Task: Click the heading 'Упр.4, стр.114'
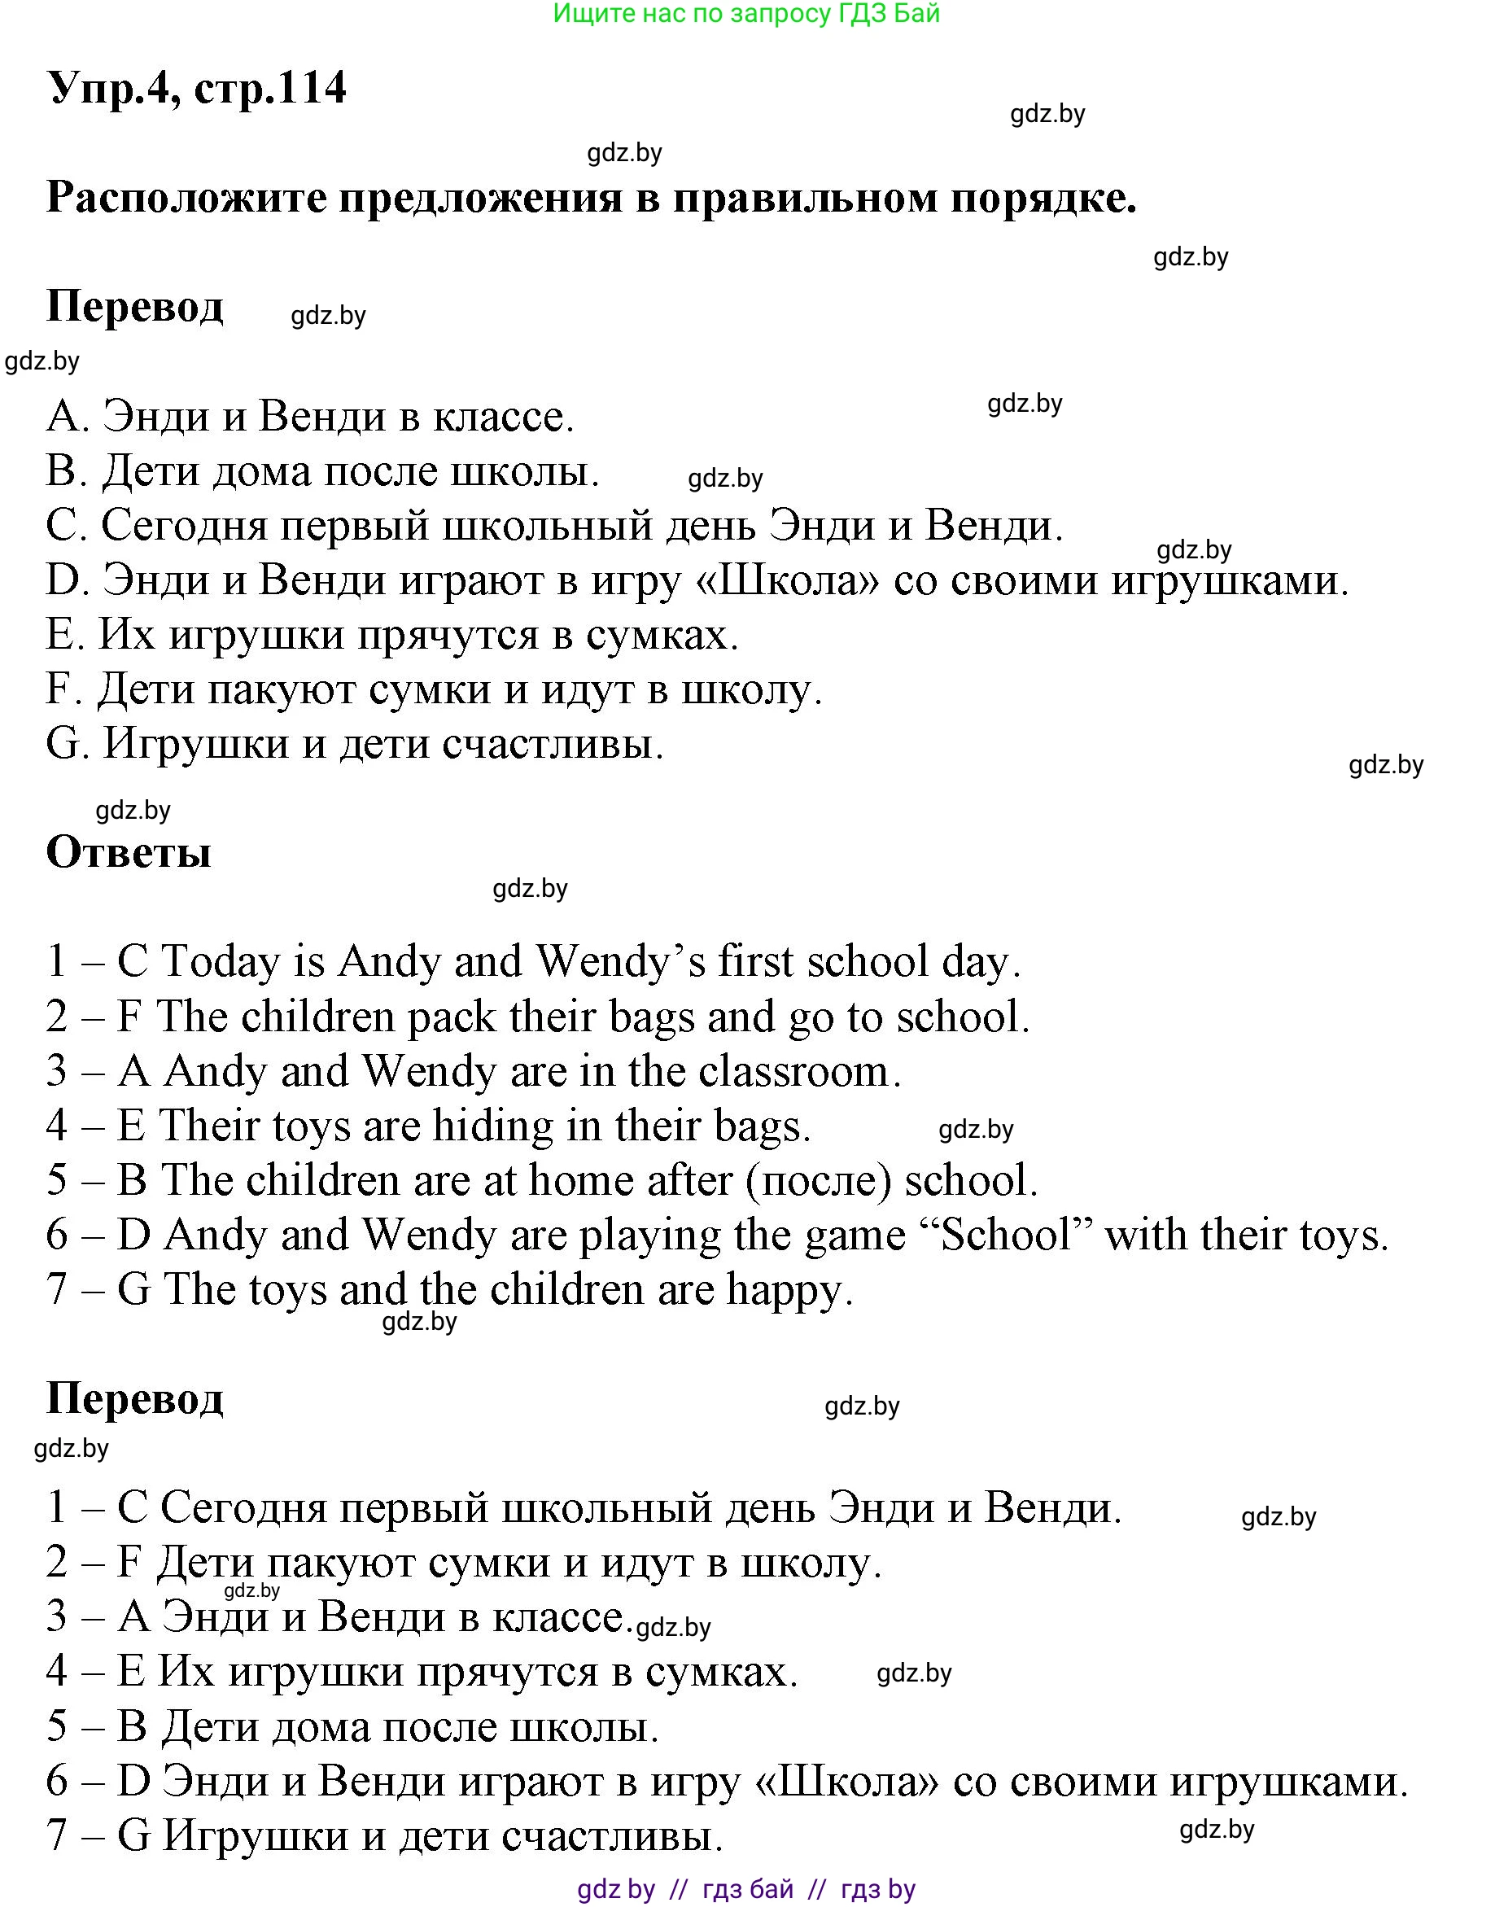pyautogui.click(x=197, y=89)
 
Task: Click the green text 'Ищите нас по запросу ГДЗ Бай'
pyautogui.click(x=746, y=13)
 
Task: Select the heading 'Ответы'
pyautogui.click(x=129, y=851)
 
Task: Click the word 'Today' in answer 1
pyautogui.click(x=221, y=961)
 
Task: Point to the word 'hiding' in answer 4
pyautogui.click(x=493, y=1126)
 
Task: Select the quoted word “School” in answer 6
pyautogui.click(x=1006, y=1235)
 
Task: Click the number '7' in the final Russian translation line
pyautogui.click(x=57, y=1835)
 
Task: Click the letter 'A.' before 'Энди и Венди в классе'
pyautogui.click(x=68, y=417)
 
